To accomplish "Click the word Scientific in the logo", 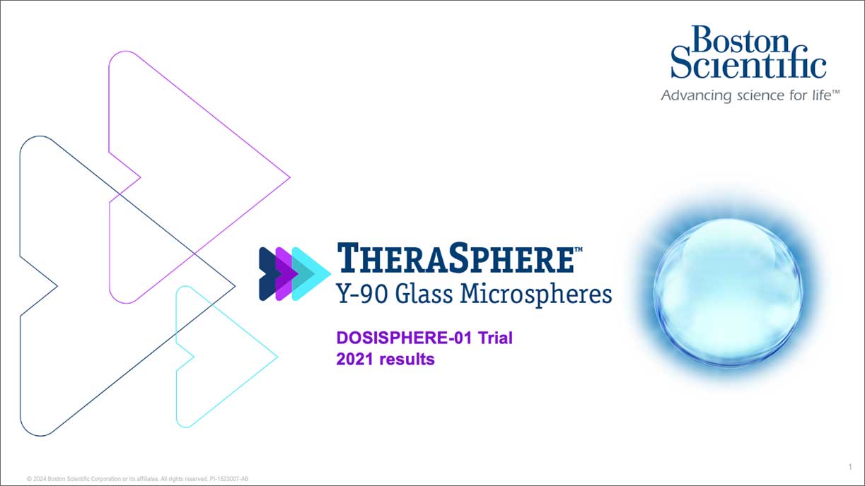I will (748, 66).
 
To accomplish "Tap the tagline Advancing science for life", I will (750, 95).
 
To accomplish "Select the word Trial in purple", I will (495, 338).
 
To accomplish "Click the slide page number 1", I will (849, 467).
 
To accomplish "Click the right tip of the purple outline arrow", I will (289, 177).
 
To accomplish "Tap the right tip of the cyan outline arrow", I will (276, 357).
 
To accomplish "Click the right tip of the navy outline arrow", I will (233, 286).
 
